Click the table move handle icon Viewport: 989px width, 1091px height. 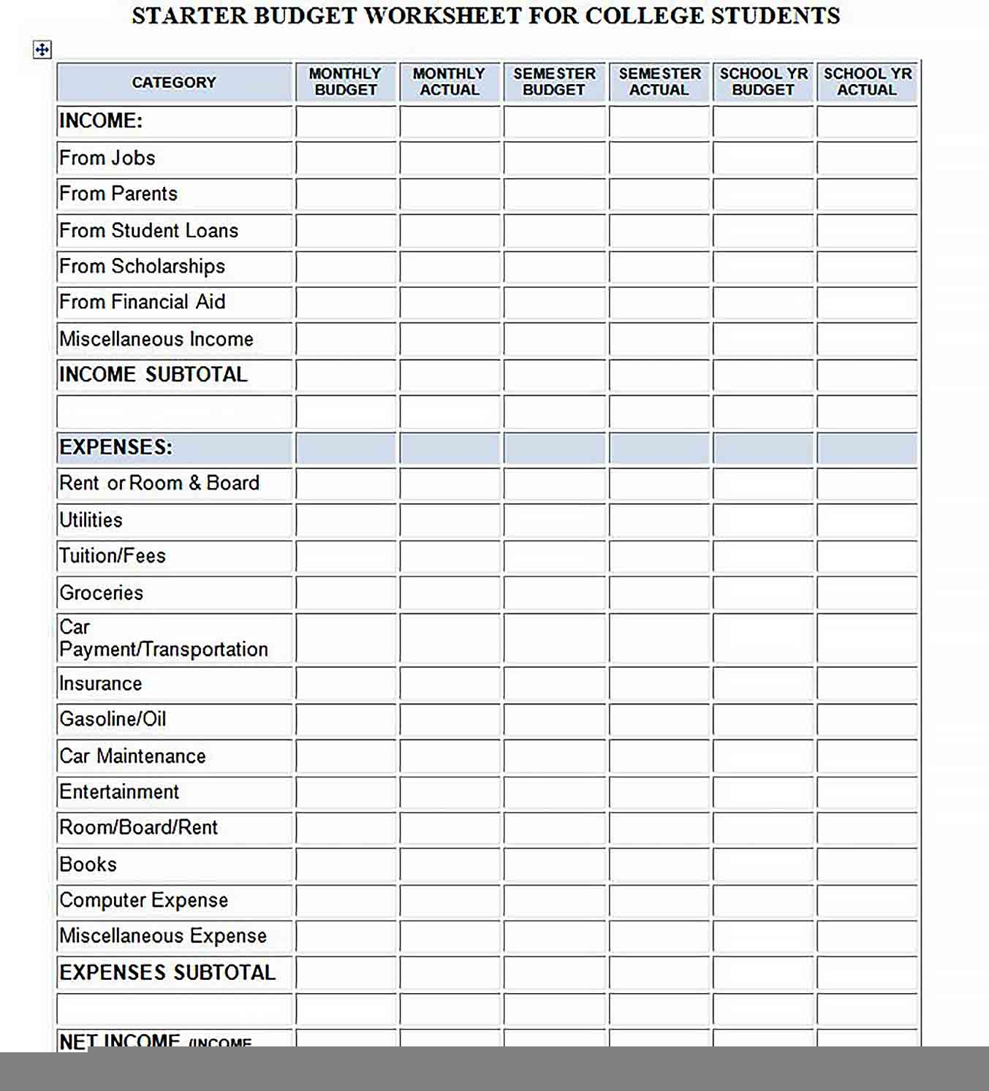coord(42,50)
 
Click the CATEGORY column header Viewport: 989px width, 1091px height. coord(174,83)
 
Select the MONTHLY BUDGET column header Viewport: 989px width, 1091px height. coord(346,82)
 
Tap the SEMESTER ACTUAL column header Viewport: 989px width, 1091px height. coord(659,82)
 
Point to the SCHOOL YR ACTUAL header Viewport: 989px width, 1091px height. coord(867,82)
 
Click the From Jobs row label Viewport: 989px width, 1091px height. coord(107,158)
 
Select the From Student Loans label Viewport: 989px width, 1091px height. coord(149,231)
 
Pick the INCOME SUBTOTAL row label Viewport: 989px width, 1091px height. coord(154,375)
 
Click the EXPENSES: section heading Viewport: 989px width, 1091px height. coord(116,447)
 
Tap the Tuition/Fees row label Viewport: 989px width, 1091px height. coord(113,556)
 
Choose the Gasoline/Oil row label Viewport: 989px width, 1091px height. coord(113,720)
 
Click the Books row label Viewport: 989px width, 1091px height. coord(88,864)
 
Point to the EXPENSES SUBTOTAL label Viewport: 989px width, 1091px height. coord(167,973)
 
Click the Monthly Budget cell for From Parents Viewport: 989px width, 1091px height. coord(346,194)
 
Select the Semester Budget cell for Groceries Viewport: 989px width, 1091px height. coord(554,593)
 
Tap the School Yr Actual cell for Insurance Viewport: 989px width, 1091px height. coord(867,684)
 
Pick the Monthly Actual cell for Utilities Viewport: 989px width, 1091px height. coord(450,520)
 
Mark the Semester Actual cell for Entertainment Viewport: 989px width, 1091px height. coord(659,792)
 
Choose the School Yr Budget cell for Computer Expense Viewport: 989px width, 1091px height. coord(763,901)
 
